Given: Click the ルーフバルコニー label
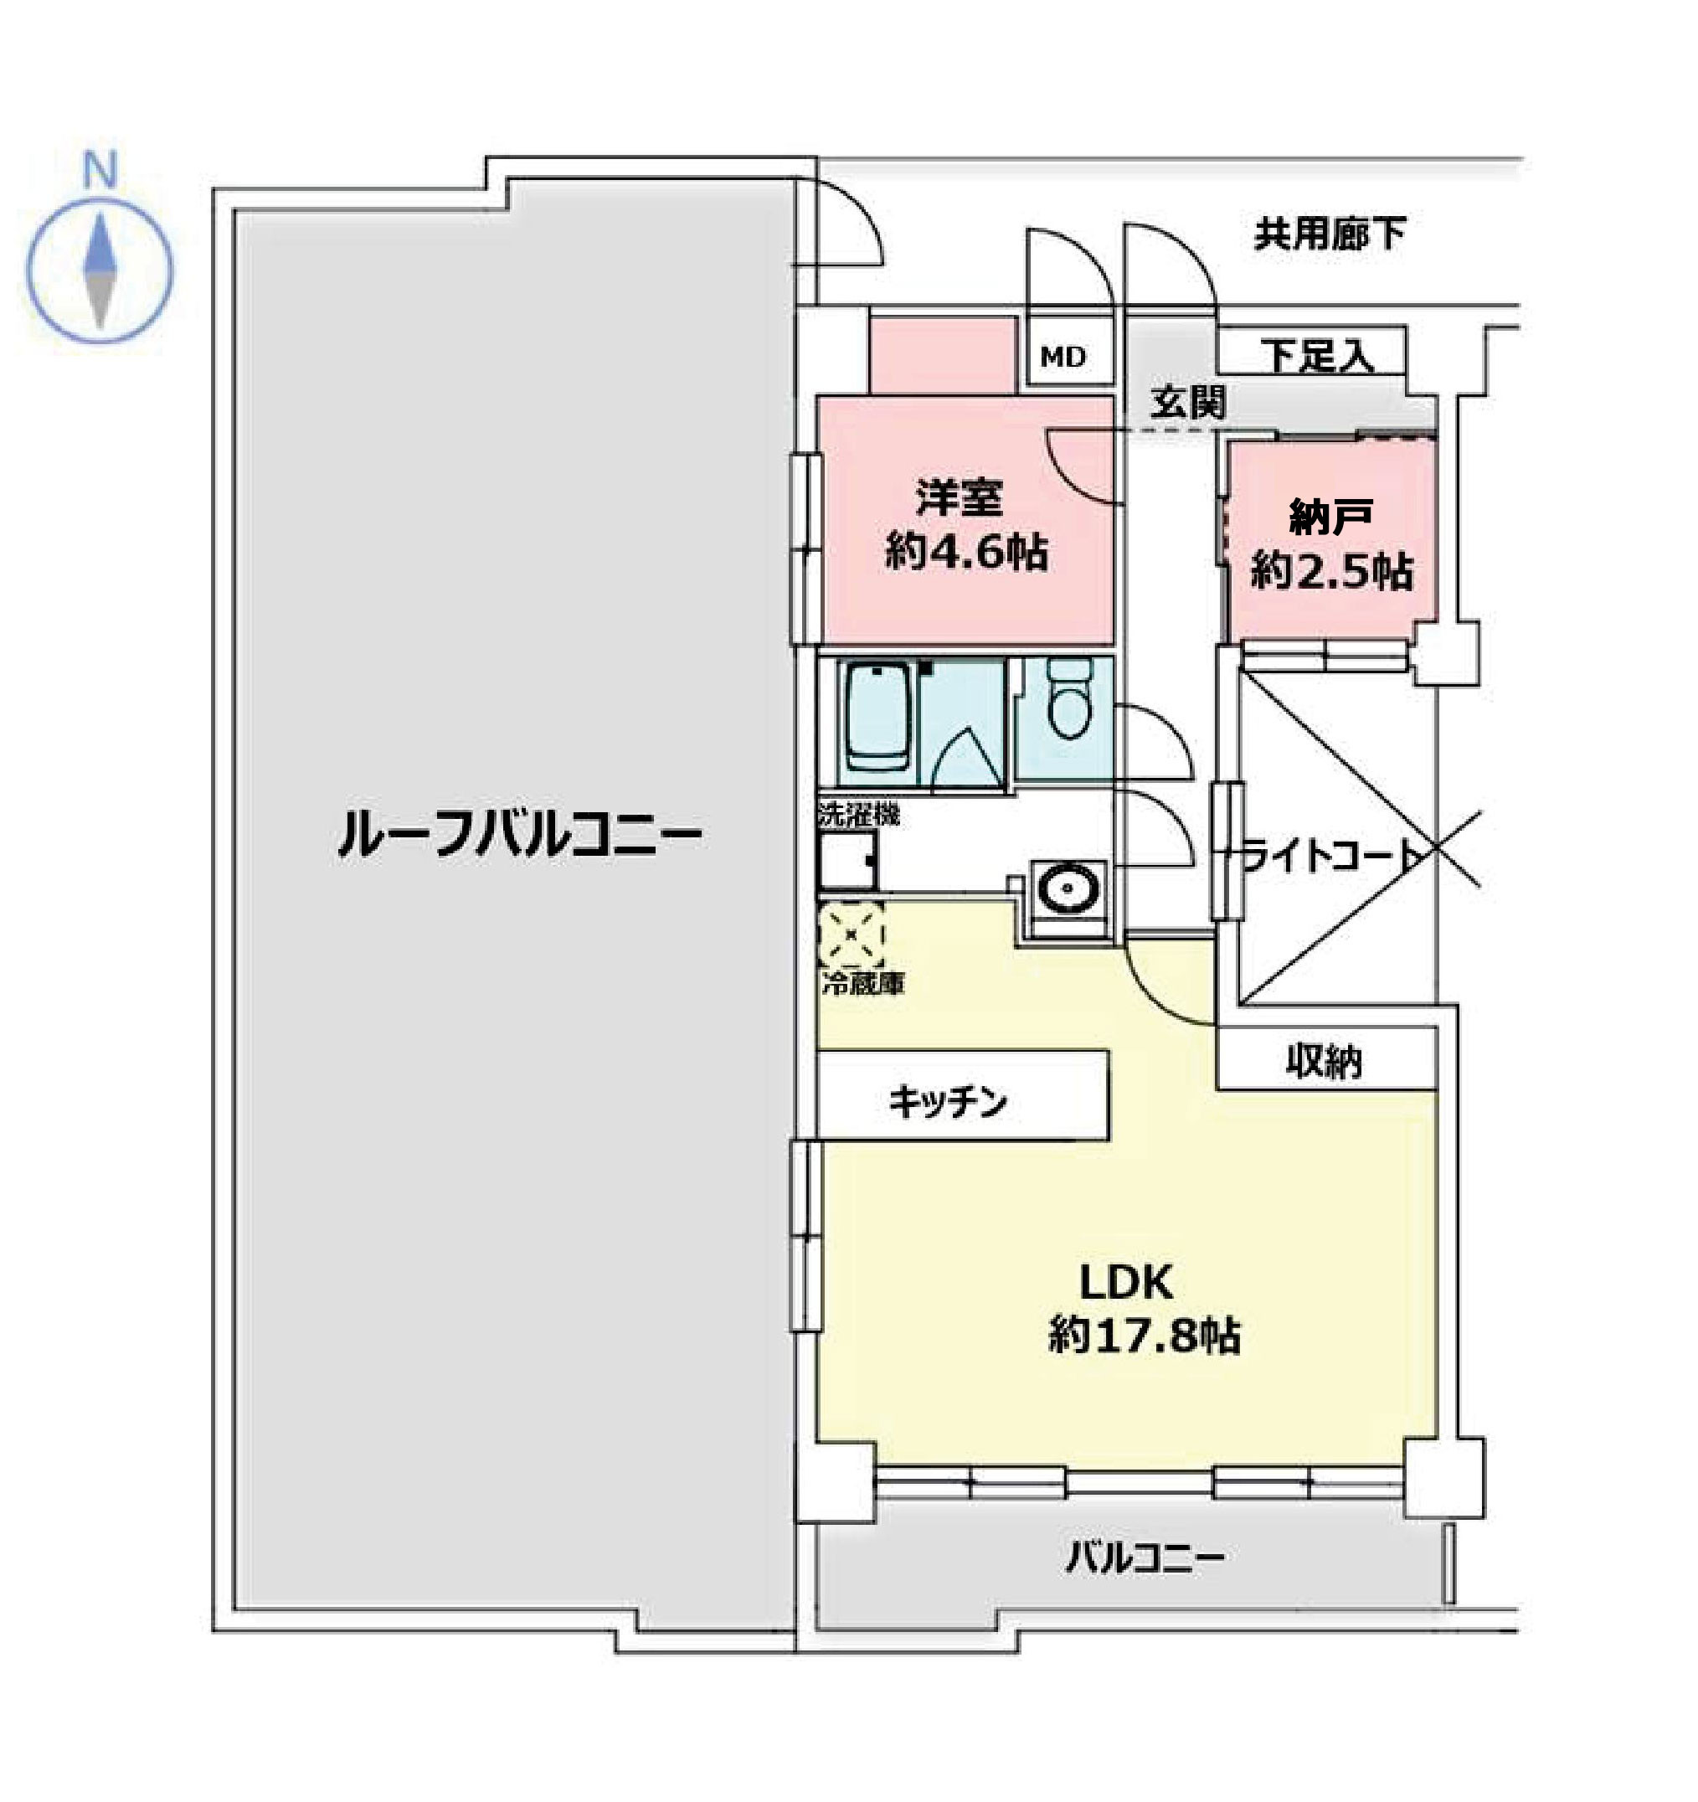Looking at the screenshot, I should click(519, 835).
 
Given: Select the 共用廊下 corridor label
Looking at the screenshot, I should click(1329, 234).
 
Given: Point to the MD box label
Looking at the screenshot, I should click(1063, 358).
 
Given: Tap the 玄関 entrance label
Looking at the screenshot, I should click(1187, 403).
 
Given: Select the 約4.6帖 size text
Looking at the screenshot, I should click(965, 552).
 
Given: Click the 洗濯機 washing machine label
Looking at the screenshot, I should click(858, 814).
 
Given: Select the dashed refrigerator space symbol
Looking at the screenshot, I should click(851, 933).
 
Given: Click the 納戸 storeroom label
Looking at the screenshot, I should click(1330, 517).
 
